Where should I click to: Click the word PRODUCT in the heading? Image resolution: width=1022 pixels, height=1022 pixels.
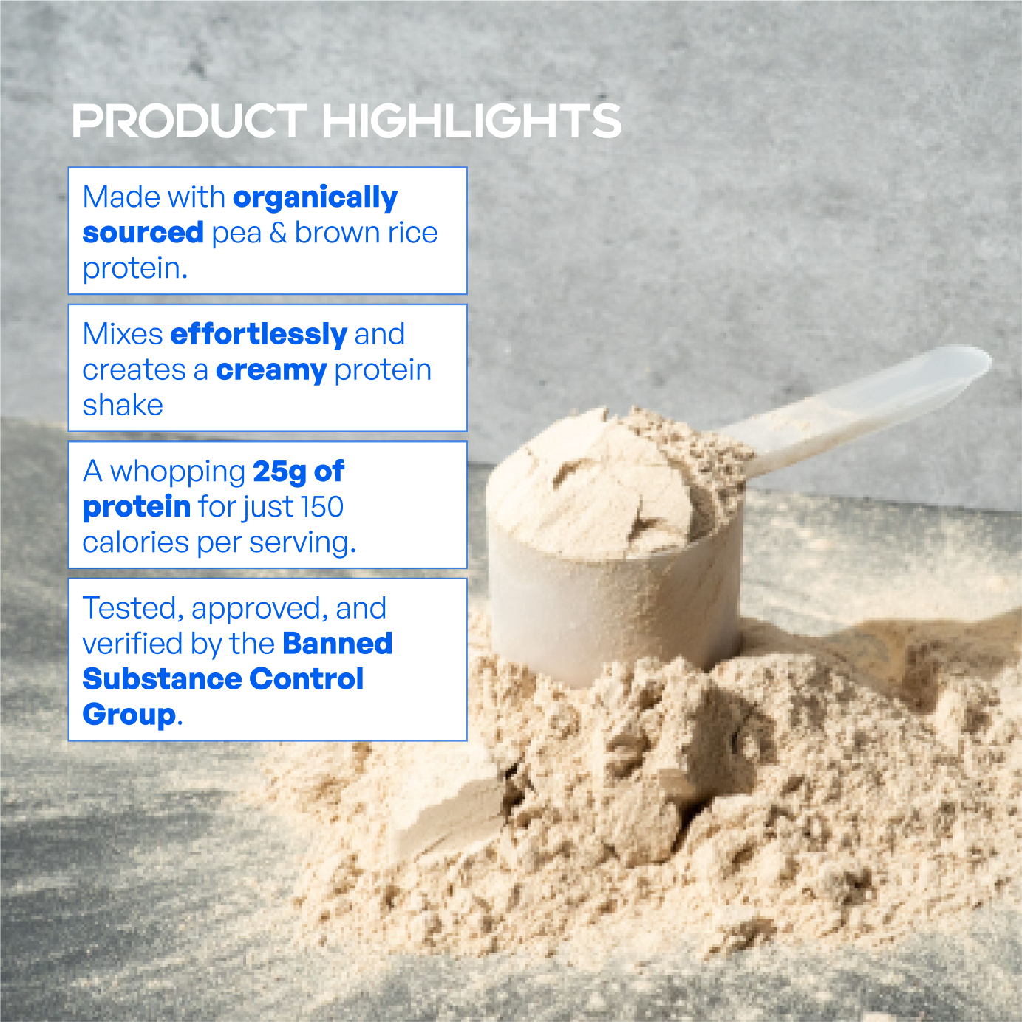[x=188, y=121]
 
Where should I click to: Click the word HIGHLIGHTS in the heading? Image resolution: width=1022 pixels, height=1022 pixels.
[x=472, y=121]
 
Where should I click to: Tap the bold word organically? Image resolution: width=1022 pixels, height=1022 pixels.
[x=315, y=198]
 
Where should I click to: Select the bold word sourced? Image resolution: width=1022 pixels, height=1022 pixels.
[x=143, y=233]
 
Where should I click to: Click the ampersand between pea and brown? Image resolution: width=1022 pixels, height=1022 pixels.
[x=278, y=233]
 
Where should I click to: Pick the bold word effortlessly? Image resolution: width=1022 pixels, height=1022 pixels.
[x=258, y=335]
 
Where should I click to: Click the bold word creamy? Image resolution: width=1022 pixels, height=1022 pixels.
[x=270, y=370]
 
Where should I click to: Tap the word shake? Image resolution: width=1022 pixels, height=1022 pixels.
[x=123, y=406]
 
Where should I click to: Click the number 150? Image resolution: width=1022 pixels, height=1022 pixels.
[x=322, y=507]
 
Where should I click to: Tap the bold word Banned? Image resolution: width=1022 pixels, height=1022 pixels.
[x=337, y=644]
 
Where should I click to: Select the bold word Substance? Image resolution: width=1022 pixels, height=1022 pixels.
[x=161, y=679]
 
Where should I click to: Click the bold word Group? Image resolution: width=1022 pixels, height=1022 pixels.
[x=129, y=715]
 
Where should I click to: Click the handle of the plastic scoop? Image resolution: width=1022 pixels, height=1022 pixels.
[x=872, y=399]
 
